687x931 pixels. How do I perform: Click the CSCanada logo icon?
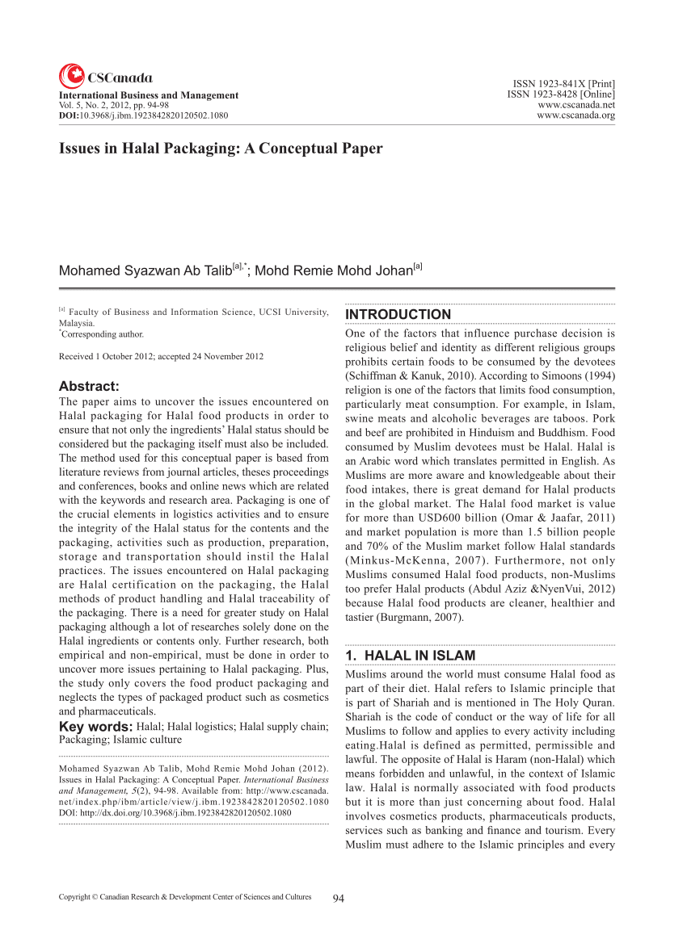[x=71, y=76]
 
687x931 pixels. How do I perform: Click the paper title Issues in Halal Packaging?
[x=221, y=149]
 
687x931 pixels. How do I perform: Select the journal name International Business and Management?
[x=149, y=95]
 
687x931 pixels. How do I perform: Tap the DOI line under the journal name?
[x=143, y=115]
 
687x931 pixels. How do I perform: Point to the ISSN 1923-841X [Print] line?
[x=564, y=84]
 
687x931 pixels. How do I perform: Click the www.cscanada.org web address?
[x=575, y=115]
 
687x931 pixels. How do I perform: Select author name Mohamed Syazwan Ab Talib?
[x=145, y=270]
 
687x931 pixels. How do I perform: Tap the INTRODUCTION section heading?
[x=398, y=314]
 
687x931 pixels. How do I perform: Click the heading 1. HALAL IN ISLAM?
[x=410, y=656]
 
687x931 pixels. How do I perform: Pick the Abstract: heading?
[x=89, y=386]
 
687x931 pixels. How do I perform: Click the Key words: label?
[x=95, y=727]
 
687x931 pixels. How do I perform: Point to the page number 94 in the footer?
[x=339, y=898]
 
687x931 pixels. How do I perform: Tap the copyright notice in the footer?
[x=185, y=897]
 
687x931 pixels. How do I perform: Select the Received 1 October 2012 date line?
[x=161, y=356]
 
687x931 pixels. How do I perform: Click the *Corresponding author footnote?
[x=101, y=333]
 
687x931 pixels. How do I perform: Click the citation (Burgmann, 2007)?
[x=405, y=618]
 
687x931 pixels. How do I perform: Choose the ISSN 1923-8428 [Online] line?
[x=561, y=94]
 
